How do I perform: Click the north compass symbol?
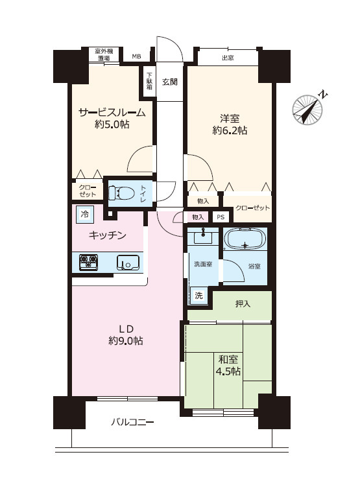308,109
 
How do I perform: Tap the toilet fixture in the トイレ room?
121,193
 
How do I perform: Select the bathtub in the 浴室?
245,239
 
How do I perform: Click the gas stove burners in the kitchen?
88,262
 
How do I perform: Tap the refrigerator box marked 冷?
84,214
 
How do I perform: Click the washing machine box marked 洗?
198,296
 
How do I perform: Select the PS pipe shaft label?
221,217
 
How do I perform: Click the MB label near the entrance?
137,56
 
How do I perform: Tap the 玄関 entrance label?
170,82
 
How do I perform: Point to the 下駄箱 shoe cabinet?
149,81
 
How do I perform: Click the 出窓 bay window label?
228,58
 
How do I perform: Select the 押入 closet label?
243,304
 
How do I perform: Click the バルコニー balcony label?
132,421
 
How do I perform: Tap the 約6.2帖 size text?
230,130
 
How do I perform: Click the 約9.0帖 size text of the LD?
126,341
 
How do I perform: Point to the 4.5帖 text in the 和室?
228,371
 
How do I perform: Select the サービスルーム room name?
112,112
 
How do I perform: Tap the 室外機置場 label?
104,54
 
